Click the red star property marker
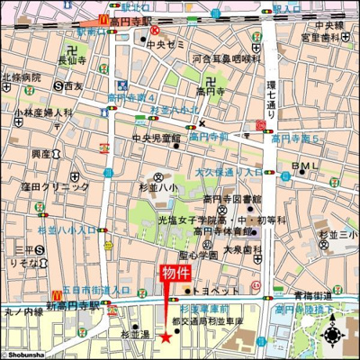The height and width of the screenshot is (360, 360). pyautogui.click(x=165, y=337)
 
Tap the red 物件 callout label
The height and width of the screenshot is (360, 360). pyautogui.click(x=175, y=274)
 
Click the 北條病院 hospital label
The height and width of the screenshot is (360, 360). pyautogui.click(x=21, y=76)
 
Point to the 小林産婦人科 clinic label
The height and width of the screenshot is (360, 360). pyautogui.click(x=42, y=113)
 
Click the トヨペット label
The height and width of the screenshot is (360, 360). pyautogui.click(x=218, y=291)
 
